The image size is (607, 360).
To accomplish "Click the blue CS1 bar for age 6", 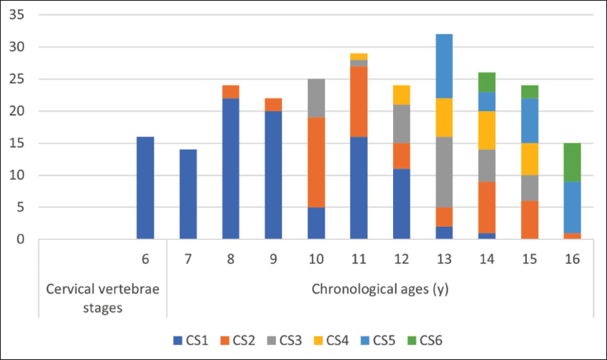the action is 145,188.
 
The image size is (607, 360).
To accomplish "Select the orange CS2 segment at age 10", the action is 316,163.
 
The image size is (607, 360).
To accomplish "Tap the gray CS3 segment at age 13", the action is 444,172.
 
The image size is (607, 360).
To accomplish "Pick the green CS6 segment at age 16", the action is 572,163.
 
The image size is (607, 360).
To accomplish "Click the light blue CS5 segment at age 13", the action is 444,67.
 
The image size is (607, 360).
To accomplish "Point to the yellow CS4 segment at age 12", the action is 401,95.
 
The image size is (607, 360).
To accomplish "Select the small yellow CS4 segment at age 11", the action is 359,57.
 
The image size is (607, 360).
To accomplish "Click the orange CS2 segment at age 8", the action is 231,92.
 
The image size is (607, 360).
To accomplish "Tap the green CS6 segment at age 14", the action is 487,82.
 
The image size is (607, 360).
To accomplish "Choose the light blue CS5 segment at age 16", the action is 572,207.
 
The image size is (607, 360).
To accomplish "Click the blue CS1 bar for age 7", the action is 188,194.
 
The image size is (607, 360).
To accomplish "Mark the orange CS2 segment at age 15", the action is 530,220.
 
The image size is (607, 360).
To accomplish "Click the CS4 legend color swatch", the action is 317,340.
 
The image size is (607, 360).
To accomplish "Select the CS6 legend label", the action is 431,340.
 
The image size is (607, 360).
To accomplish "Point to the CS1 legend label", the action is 197,340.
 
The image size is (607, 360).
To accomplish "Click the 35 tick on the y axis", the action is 17,14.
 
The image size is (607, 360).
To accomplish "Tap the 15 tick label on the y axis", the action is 17,144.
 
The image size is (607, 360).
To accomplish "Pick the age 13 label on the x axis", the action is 444,259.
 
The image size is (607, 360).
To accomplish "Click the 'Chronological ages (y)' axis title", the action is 380,289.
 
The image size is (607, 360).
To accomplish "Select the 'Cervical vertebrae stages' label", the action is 103,299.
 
